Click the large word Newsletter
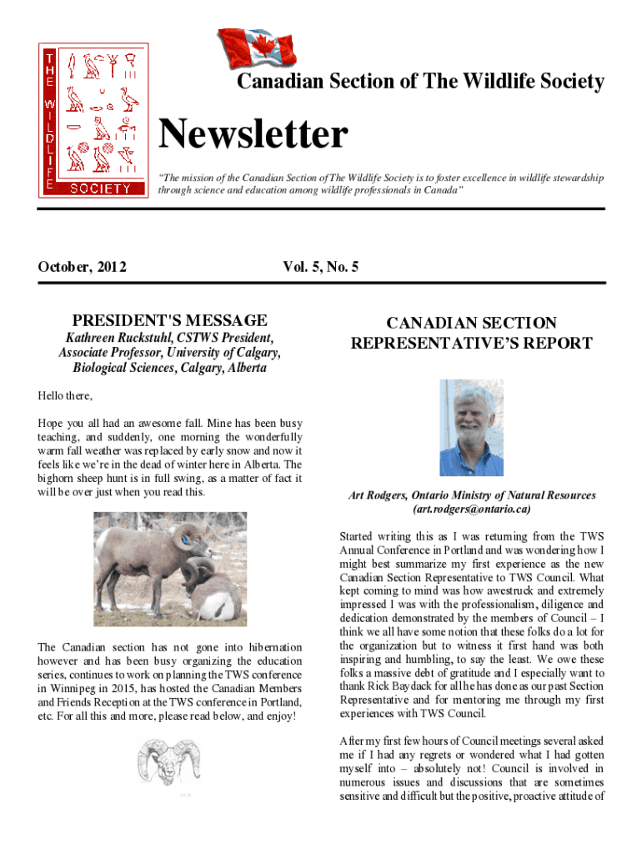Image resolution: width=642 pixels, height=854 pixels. (x=253, y=135)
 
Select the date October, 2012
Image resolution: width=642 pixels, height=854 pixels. (x=83, y=267)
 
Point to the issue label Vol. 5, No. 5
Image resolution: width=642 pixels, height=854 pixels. (x=320, y=267)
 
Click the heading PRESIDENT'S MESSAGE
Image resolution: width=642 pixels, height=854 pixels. (x=170, y=320)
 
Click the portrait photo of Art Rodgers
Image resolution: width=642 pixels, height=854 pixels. (x=471, y=428)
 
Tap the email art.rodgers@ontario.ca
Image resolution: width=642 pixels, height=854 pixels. (x=471, y=509)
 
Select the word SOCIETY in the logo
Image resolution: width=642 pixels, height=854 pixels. (x=100, y=188)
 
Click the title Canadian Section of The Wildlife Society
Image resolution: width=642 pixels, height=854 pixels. (x=420, y=82)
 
